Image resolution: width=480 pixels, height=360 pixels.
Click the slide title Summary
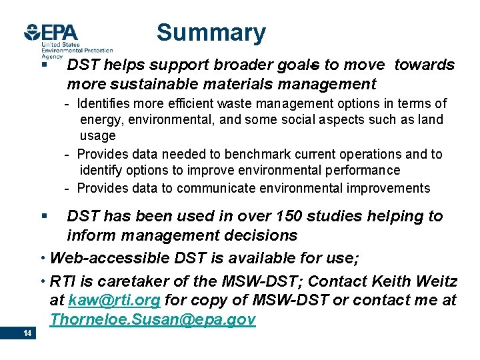(211, 33)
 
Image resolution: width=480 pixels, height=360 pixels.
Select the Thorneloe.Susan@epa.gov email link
(152, 320)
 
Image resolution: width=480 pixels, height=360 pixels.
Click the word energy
(100, 120)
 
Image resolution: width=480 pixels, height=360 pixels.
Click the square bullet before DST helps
(43, 65)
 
